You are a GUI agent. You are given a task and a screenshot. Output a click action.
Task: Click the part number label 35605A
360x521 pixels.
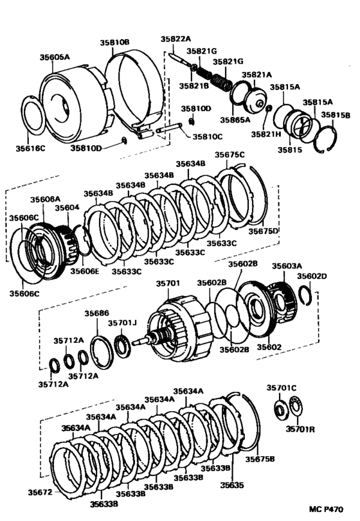tap(56, 57)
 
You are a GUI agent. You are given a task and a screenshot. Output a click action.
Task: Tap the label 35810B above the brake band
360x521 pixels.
tap(114, 42)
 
